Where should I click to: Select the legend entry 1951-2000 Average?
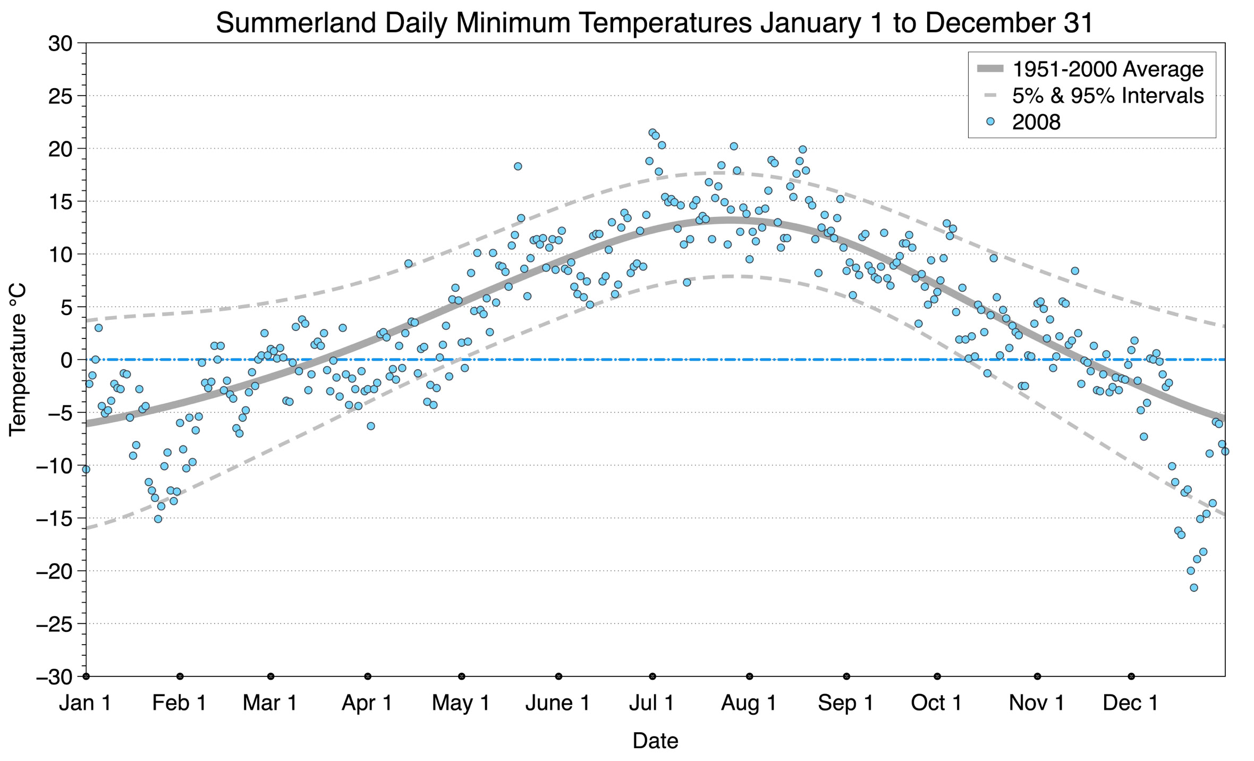click(1107, 69)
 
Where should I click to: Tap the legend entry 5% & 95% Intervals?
click(1107, 96)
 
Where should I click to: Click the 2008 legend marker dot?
click(990, 122)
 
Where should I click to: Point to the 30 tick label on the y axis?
click(60, 44)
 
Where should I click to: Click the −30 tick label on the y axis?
click(54, 677)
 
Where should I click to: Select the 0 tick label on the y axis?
click(66, 360)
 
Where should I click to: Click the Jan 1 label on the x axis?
click(85, 703)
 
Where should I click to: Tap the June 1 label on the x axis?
click(557, 703)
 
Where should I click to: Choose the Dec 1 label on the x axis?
click(1130, 703)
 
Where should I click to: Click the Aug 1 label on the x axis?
click(748, 703)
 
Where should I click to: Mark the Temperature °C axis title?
click(18, 360)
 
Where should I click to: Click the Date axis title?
click(655, 741)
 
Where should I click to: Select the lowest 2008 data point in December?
click(1193, 587)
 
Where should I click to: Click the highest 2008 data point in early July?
click(653, 132)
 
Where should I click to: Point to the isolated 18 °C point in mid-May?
click(518, 166)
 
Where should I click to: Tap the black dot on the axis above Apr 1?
click(368, 677)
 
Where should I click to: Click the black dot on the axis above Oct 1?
click(937, 677)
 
